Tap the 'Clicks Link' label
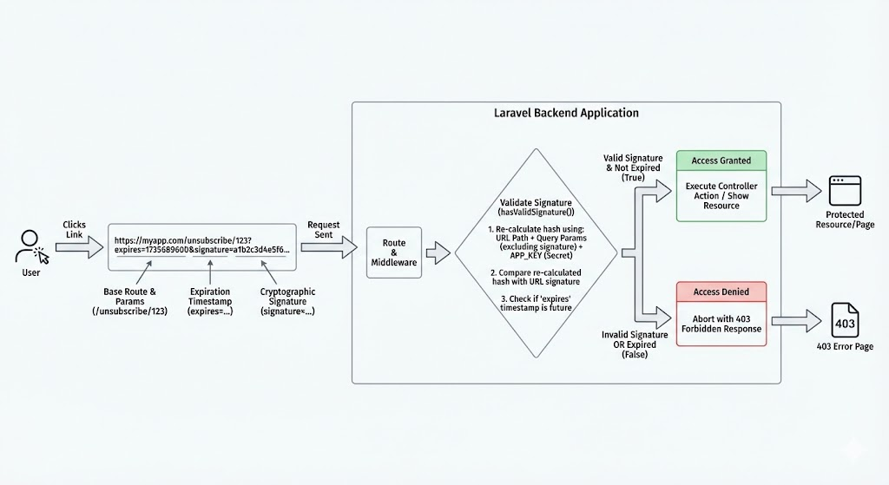click(75, 229)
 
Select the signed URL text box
click(202, 245)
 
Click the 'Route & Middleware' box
click(394, 252)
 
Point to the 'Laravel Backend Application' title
click(565, 114)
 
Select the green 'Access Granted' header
click(721, 161)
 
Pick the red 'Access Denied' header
click(721, 292)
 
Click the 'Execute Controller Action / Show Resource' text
click(721, 196)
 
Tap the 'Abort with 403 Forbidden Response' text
click(721, 323)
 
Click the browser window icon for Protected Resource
click(844, 190)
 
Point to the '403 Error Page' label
click(844, 347)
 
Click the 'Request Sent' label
click(324, 229)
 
